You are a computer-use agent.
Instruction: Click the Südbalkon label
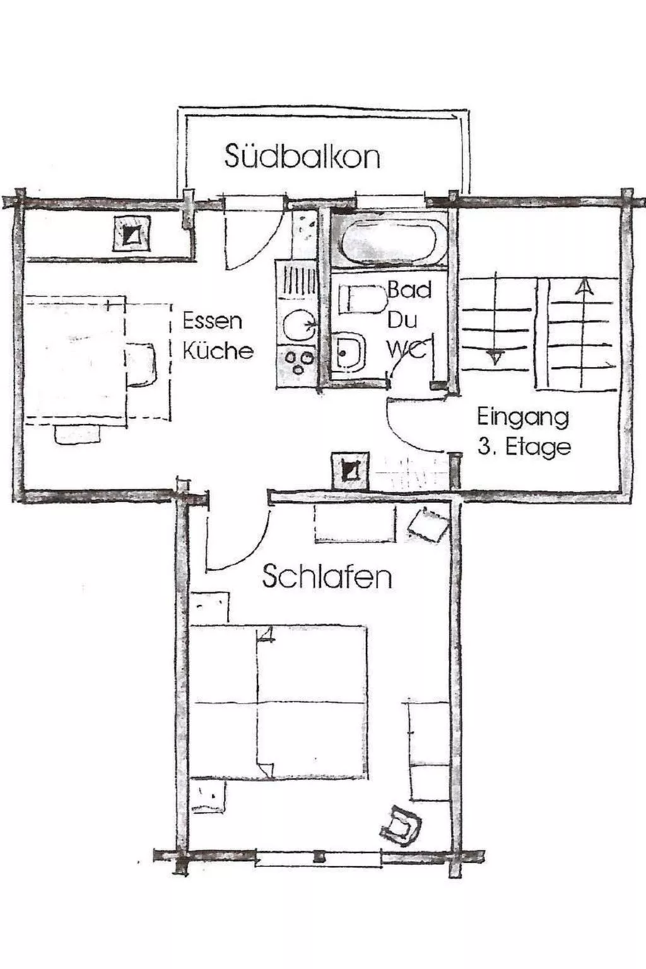click(302, 156)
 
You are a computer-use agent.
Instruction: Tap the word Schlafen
click(326, 577)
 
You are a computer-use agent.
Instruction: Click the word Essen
click(213, 320)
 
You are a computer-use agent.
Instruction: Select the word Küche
click(218, 351)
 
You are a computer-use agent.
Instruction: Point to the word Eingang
click(522, 417)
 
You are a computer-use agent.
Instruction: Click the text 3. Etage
click(524, 447)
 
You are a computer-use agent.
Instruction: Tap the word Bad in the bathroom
click(409, 290)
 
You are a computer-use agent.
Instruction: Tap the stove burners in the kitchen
click(298, 360)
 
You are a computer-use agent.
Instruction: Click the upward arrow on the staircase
click(585, 288)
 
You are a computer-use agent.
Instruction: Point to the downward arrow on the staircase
click(496, 358)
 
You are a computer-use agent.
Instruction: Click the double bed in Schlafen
click(279, 702)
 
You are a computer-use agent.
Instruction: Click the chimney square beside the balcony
click(131, 233)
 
